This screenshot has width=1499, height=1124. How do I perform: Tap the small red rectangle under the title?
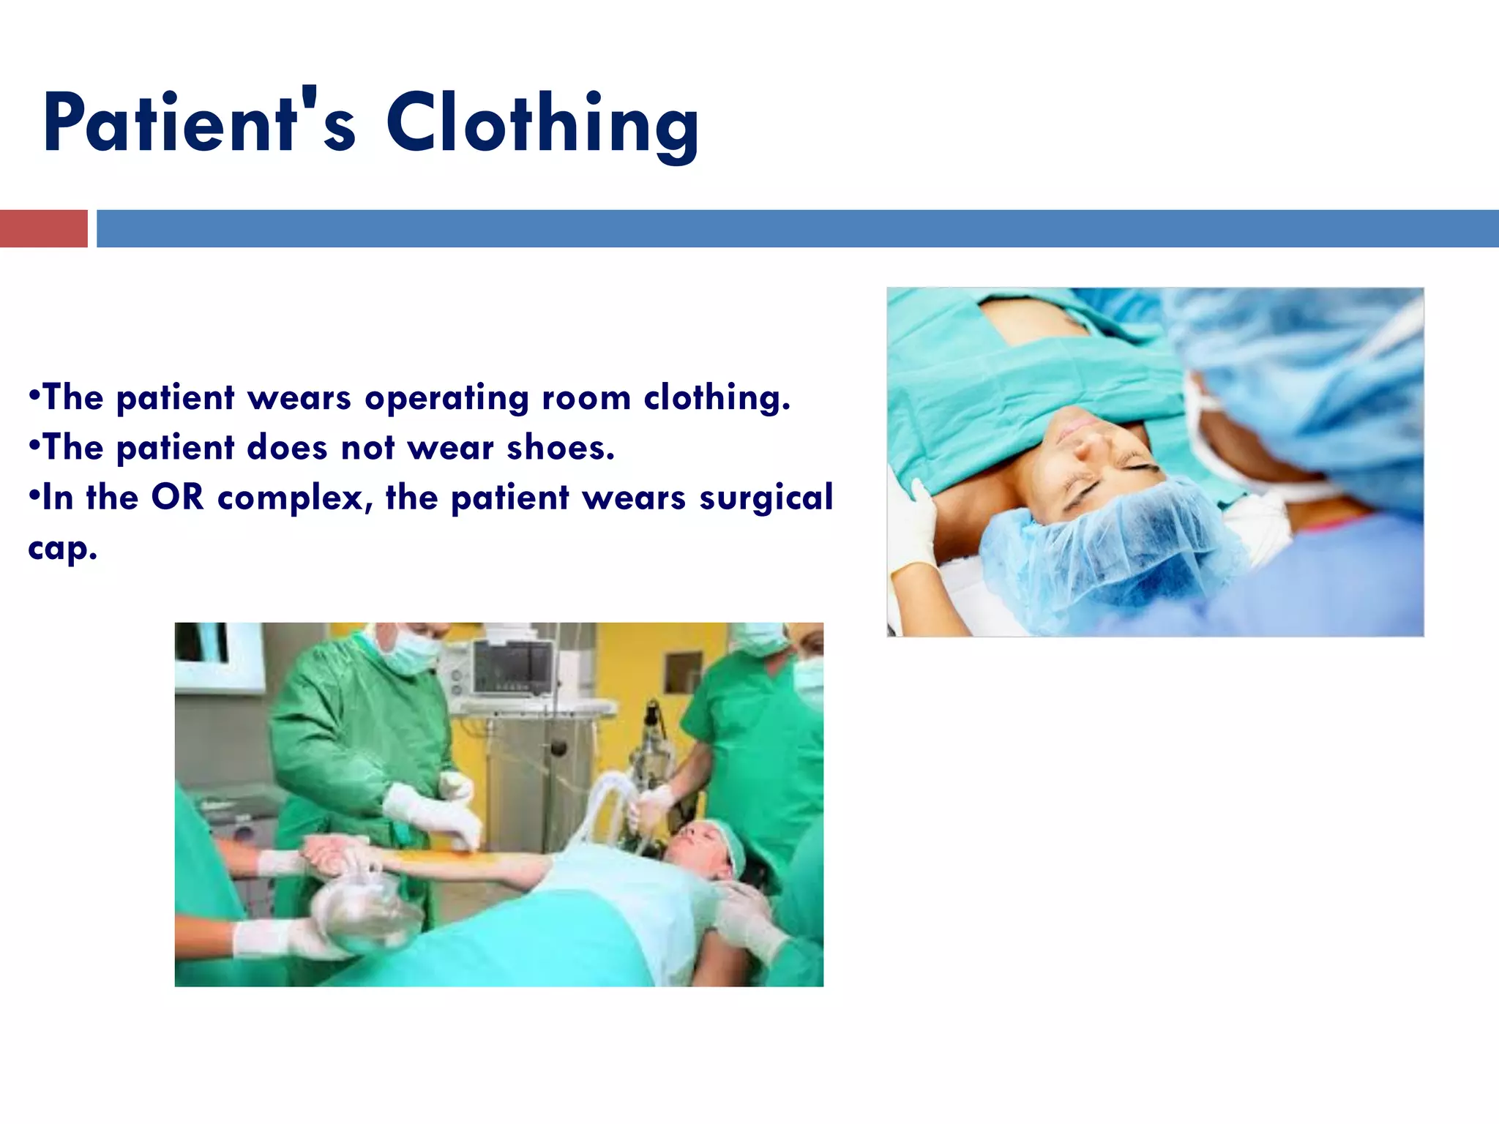43,228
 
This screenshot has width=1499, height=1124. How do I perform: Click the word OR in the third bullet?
177,498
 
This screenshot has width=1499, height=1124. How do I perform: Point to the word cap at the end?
61,549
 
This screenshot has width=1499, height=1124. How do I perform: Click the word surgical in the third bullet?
766,498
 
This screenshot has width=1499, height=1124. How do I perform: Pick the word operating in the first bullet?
446,399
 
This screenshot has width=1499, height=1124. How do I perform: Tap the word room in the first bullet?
586,398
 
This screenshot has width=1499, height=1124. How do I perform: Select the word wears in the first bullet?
299,398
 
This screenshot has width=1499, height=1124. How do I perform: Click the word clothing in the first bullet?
717,398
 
